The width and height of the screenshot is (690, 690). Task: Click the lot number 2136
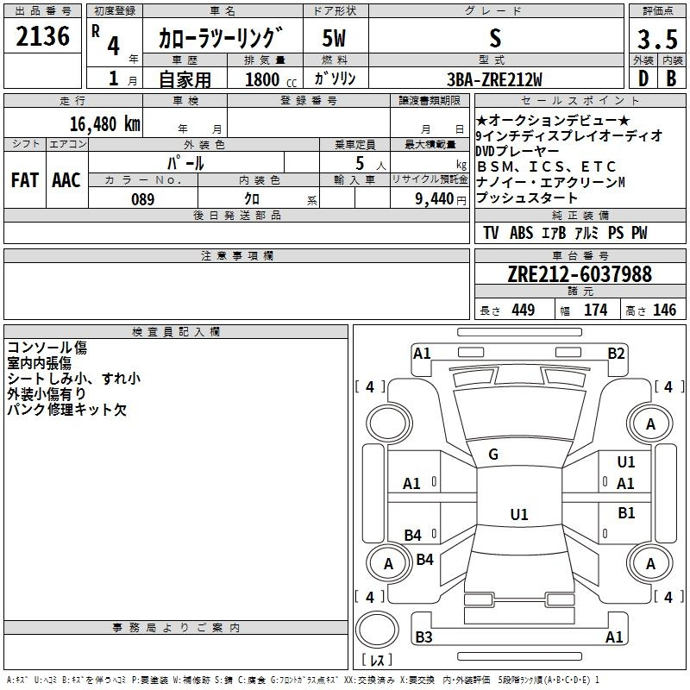tap(42, 35)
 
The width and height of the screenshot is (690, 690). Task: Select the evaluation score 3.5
tap(657, 39)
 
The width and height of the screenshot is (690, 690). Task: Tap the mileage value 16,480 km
tap(104, 123)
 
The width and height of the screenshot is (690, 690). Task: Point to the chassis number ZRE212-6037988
tap(580, 273)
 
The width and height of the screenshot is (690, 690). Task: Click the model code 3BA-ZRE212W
tap(494, 79)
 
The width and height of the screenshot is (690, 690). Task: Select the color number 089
tap(142, 199)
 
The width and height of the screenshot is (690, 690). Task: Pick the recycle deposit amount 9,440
tap(434, 199)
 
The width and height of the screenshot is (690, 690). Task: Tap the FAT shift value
tap(25, 180)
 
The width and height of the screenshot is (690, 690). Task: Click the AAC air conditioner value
tap(66, 180)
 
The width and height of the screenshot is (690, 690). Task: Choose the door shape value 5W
tap(334, 38)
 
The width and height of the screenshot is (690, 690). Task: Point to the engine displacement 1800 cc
tap(271, 79)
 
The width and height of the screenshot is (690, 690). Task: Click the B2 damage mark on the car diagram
tap(616, 354)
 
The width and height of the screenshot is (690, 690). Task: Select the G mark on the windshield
tap(493, 455)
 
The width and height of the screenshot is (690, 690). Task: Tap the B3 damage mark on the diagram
tap(423, 637)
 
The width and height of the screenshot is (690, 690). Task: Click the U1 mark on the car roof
tap(519, 514)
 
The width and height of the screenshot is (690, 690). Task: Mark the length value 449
tap(524, 310)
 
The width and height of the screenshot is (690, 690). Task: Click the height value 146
tap(664, 310)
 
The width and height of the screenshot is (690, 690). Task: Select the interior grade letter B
tap(671, 78)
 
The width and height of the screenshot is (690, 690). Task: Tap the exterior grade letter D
tap(643, 78)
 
